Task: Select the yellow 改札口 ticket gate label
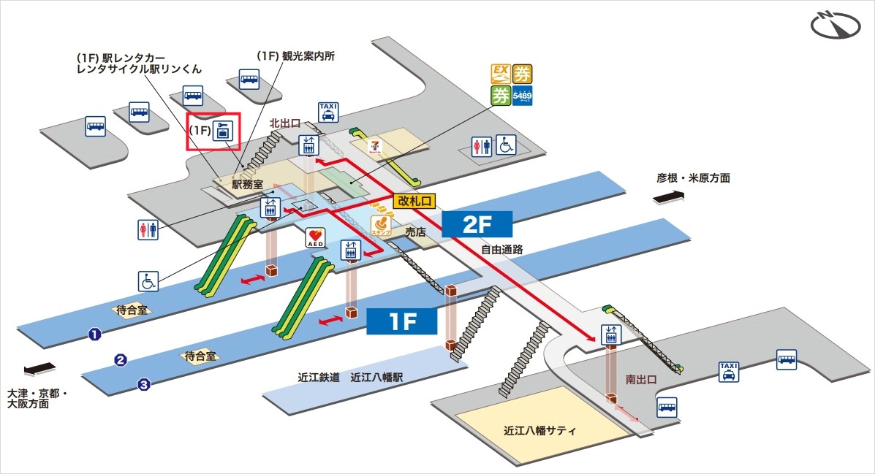[414, 200]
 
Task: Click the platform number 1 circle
[94, 335]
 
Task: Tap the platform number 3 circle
[144, 384]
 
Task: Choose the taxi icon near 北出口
[328, 111]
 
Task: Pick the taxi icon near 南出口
[728, 372]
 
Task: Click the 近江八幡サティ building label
[540, 430]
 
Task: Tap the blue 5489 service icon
[523, 96]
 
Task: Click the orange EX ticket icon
[501, 73]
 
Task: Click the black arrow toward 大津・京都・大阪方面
[39, 370]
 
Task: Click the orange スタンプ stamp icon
[381, 224]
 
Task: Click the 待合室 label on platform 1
[132, 310]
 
